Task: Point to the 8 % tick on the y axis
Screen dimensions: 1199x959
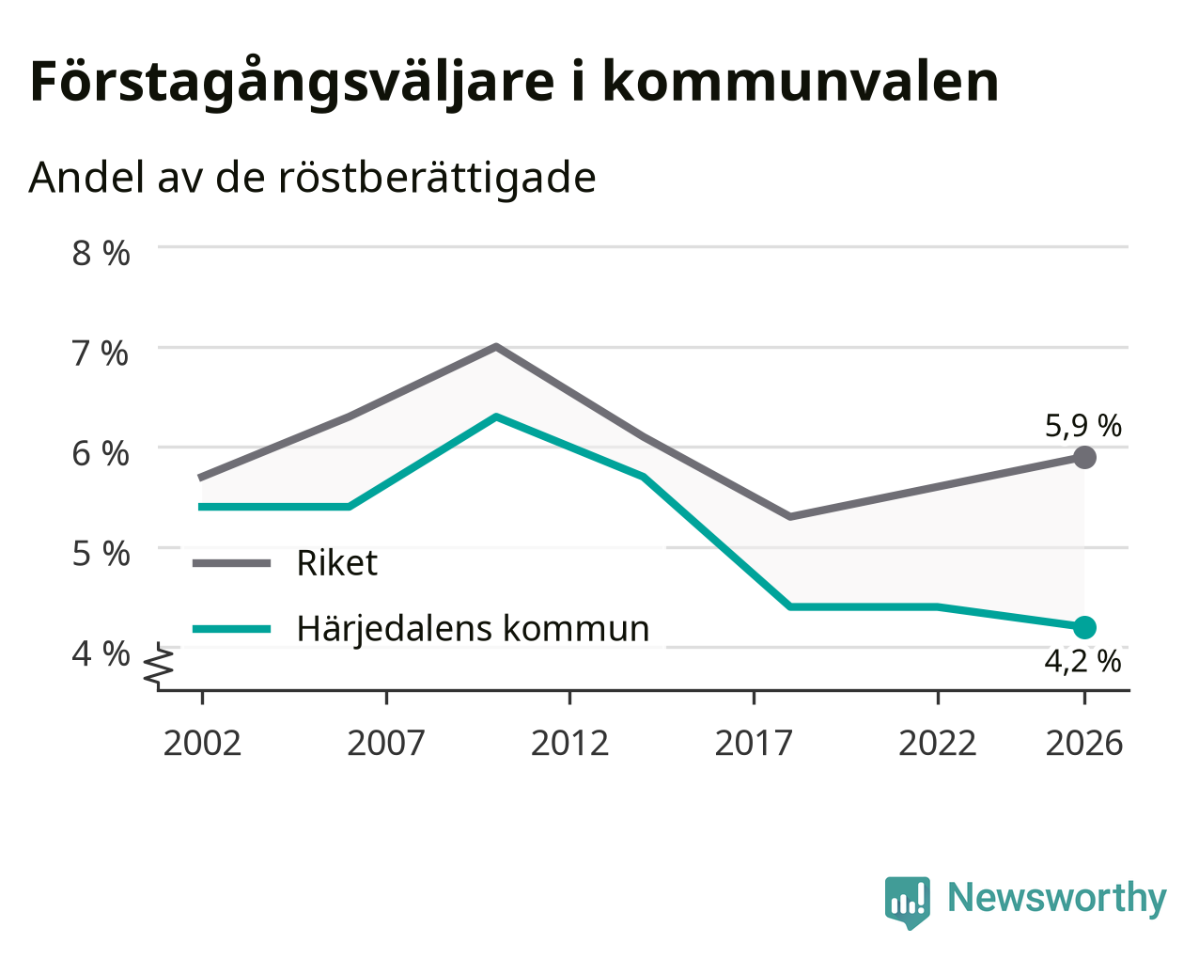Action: click(x=101, y=253)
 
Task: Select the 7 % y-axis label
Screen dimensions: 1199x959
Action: click(x=101, y=354)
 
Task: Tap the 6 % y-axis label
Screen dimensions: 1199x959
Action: click(x=101, y=453)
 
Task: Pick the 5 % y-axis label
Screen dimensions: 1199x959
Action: click(x=101, y=554)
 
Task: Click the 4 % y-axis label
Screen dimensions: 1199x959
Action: click(x=101, y=653)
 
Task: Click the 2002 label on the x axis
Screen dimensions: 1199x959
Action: click(x=202, y=743)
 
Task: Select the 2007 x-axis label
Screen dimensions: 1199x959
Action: click(x=386, y=743)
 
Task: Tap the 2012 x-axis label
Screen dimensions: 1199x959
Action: click(x=569, y=743)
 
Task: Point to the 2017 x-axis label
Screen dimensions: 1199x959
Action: click(x=754, y=743)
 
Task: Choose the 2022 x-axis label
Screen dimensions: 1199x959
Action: click(x=938, y=743)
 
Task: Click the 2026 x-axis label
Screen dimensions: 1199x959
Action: click(x=1084, y=743)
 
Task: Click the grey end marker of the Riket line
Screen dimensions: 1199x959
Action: click(x=1084, y=457)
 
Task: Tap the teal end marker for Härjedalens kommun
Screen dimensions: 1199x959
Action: click(x=1084, y=627)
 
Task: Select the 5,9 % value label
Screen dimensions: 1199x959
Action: click(x=1083, y=426)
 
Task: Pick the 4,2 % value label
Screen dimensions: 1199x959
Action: click(x=1082, y=662)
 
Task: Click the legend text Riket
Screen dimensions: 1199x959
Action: click(x=337, y=562)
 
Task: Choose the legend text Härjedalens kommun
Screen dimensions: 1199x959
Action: click(x=473, y=629)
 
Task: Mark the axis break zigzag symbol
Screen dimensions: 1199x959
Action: click(x=159, y=664)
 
